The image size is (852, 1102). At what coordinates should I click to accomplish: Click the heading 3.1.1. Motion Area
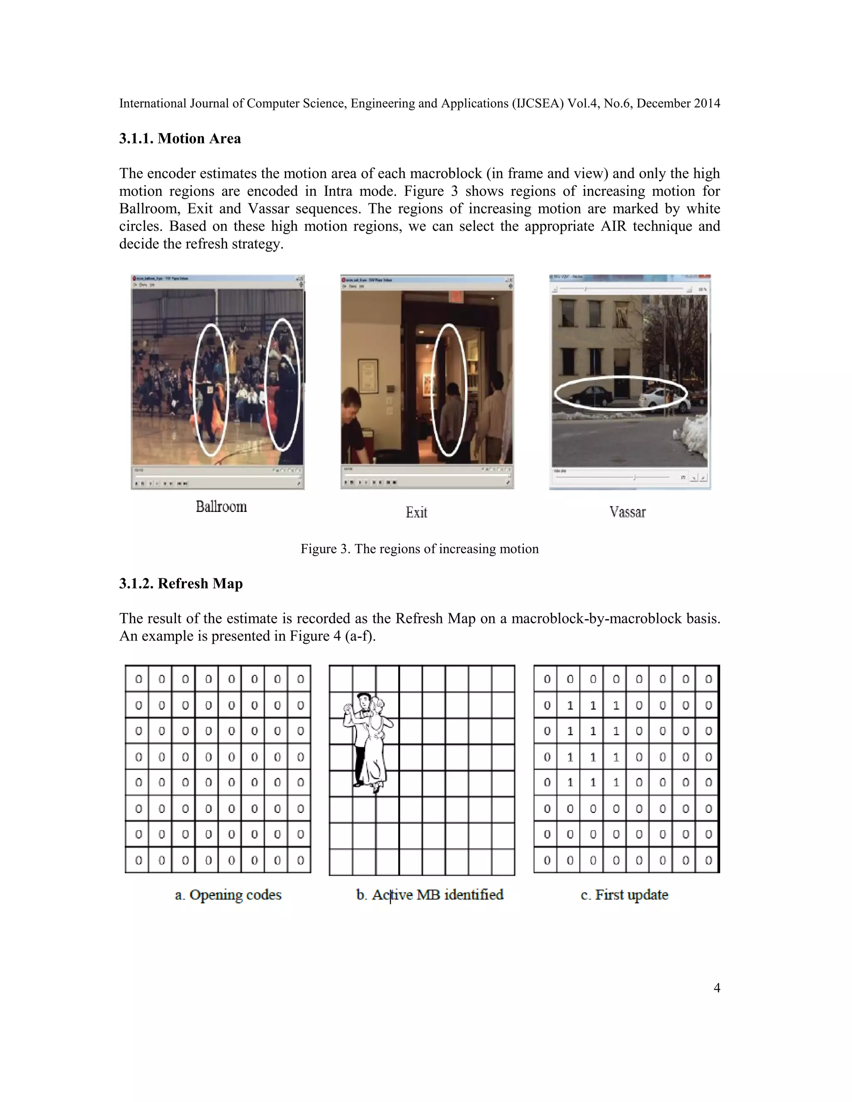tap(180, 139)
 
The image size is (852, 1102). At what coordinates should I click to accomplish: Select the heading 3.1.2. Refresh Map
tap(181, 583)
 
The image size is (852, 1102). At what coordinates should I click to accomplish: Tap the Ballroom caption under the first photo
tap(221, 507)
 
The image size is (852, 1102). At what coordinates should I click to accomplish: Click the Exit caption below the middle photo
tap(416, 513)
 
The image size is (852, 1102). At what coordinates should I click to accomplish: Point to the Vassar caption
tap(627, 512)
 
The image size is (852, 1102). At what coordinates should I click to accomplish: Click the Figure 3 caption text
tap(419, 549)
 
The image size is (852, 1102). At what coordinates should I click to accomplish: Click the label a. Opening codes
tap(228, 894)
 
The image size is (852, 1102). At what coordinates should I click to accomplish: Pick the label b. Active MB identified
tap(429, 894)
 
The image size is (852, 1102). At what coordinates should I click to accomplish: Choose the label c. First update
tap(624, 894)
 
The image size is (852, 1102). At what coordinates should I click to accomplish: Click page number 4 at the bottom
tap(717, 988)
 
